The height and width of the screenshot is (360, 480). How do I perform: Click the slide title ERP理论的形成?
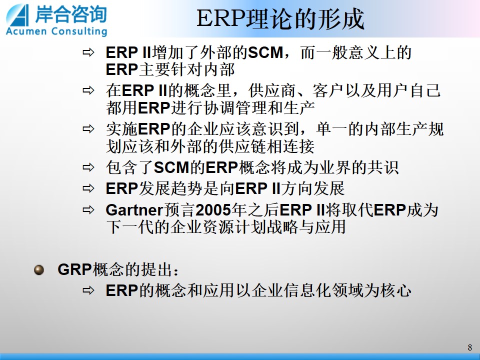tap(280, 19)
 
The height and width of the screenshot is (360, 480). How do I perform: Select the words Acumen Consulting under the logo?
tap(56, 31)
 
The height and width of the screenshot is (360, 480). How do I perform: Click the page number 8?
tap(470, 347)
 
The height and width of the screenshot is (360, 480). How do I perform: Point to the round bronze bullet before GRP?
tap(39, 269)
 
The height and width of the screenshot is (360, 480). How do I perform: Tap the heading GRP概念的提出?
tap(118, 269)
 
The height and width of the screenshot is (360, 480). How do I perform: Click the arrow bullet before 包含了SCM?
tap(88, 167)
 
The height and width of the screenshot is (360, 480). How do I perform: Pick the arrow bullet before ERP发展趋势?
tap(88, 188)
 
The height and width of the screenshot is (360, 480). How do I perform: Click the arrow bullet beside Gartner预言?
tap(88, 209)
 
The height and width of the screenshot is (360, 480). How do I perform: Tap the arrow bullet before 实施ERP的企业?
tap(88, 129)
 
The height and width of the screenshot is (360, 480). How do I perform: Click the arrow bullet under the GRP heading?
tap(88, 290)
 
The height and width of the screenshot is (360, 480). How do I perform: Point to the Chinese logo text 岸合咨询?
tap(71, 14)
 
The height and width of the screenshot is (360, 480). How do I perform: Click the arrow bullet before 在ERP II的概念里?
tap(88, 90)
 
